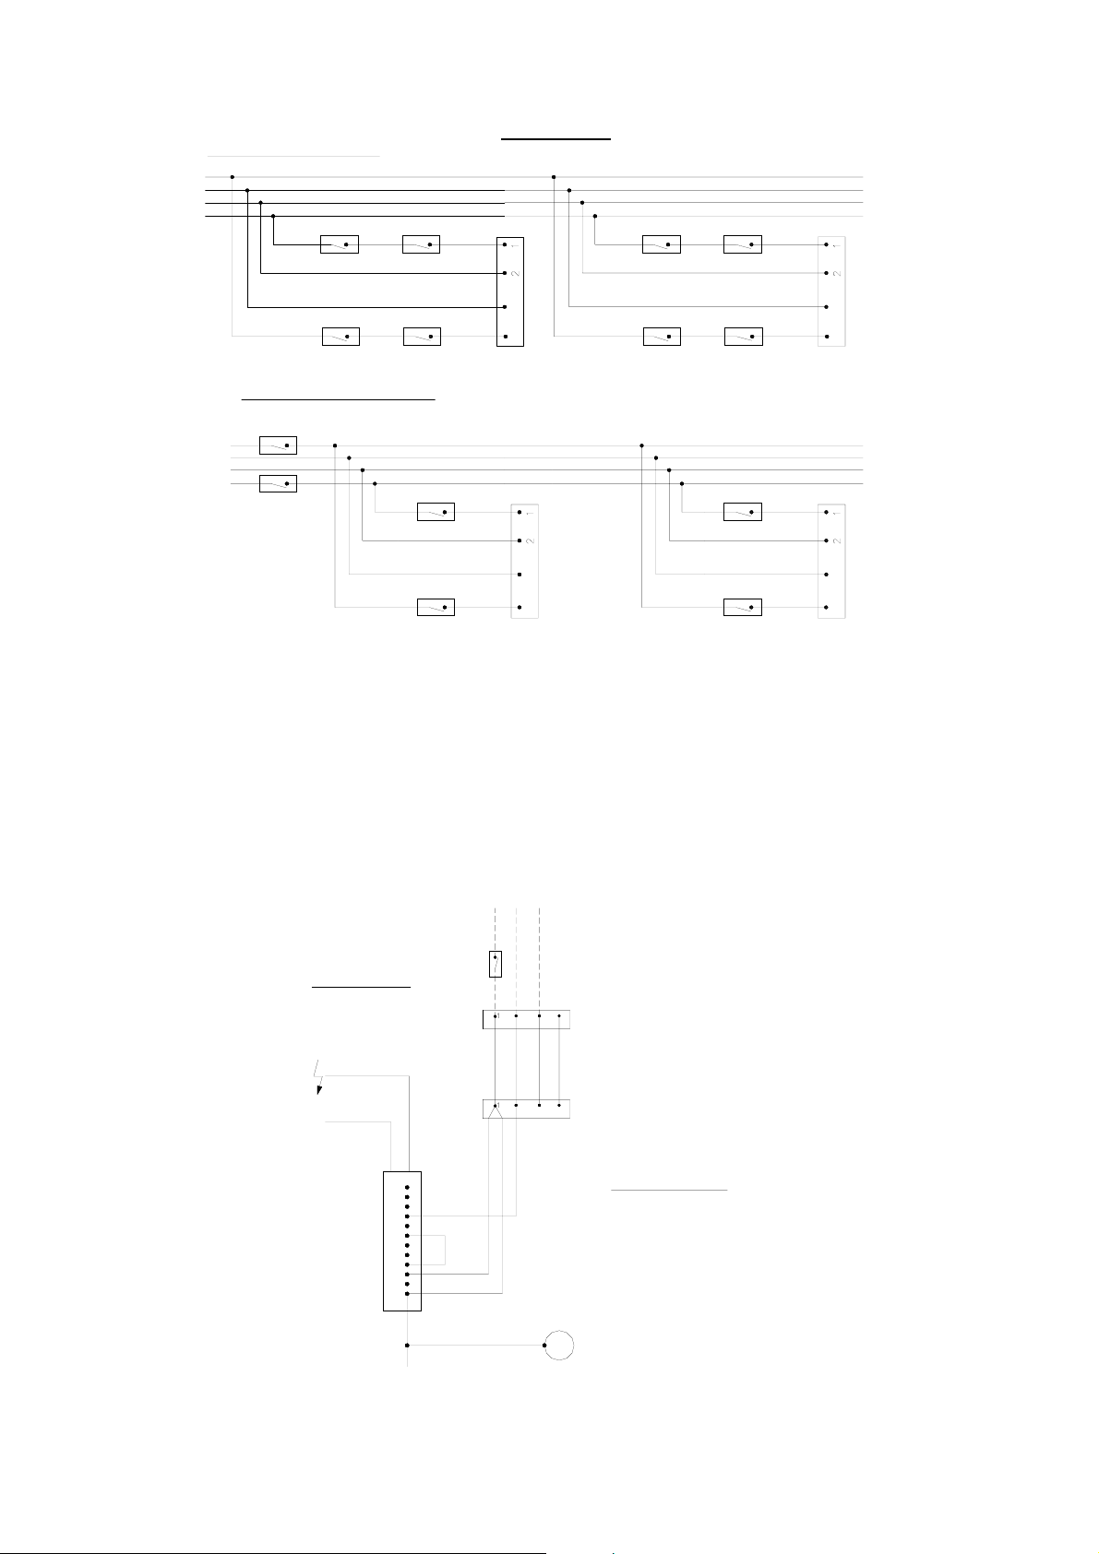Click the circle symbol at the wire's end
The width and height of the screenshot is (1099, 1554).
pos(559,1345)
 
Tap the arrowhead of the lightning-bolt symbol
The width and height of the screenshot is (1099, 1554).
pos(320,1090)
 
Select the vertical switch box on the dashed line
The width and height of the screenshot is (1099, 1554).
pos(496,964)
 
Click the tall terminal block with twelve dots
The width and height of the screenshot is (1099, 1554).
pos(402,1240)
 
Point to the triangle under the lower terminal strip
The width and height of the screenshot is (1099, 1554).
pos(496,1112)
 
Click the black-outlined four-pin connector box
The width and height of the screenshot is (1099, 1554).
pos(509,291)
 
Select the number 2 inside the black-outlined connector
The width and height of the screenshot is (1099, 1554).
pos(515,274)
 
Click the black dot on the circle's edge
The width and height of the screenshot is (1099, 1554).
pos(545,1345)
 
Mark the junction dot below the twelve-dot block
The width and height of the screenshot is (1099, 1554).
pos(407,1345)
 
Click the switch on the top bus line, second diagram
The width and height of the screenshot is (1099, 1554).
pos(278,446)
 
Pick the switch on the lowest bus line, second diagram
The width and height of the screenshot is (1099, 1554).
pos(278,483)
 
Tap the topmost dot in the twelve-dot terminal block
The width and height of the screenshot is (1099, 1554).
pos(407,1187)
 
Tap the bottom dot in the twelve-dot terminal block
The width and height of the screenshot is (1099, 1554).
pos(407,1294)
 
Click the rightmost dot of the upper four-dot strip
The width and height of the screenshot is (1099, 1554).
pos(559,1017)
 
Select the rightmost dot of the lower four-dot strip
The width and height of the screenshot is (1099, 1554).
pos(559,1104)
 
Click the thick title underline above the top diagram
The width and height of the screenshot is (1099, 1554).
pos(556,138)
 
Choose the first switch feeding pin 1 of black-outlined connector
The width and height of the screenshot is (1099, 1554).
pos(339,244)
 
